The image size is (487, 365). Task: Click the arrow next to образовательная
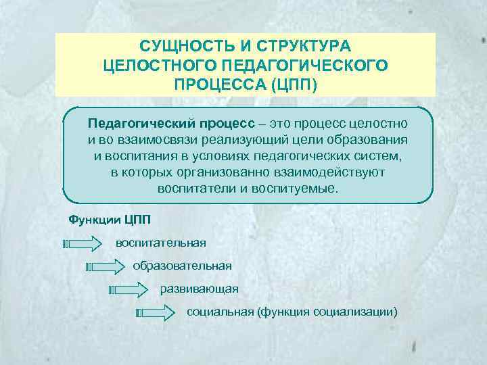click(x=108, y=266)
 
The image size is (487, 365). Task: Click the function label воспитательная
click(x=161, y=242)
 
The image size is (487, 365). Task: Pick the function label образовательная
click(x=182, y=266)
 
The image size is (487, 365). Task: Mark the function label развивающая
click(x=199, y=289)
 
